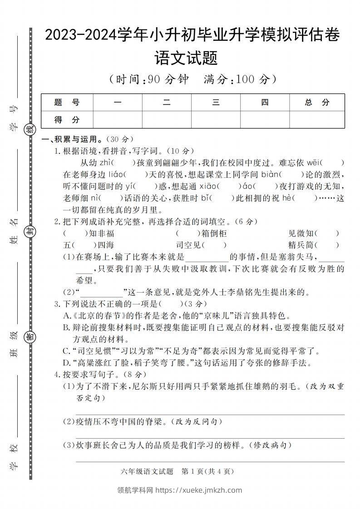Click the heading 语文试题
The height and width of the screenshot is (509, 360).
(186, 58)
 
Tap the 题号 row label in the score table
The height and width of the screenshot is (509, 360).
(67, 103)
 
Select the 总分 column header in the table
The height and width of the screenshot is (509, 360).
(317, 103)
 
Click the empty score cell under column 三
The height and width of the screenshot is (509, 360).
(216, 120)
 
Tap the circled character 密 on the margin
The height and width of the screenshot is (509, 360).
(30, 336)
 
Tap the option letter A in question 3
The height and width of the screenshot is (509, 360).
(66, 316)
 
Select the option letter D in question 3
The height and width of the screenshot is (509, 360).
(66, 363)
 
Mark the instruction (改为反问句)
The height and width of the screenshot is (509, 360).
(198, 422)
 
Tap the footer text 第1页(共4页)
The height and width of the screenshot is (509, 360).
(207, 471)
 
